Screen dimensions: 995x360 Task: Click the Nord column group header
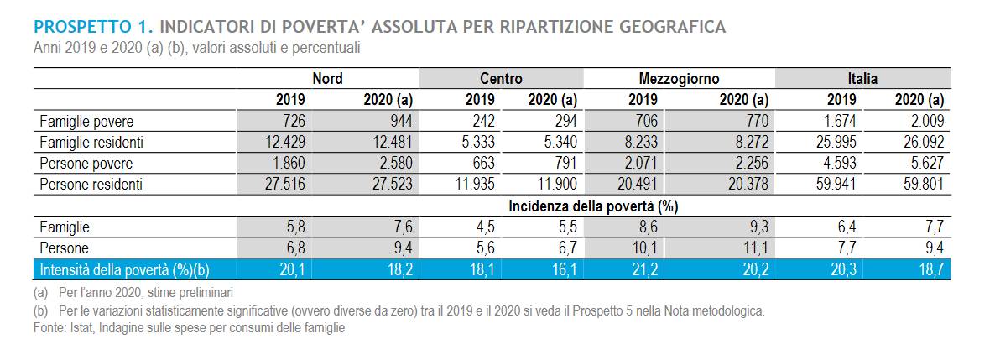click(327, 79)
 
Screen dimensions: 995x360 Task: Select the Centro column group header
click(502, 79)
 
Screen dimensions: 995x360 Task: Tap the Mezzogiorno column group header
click(679, 79)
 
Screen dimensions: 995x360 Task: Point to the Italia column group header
click(863, 79)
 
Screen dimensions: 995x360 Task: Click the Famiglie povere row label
click(86, 121)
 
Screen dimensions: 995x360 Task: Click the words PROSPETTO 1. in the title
click(93, 27)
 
